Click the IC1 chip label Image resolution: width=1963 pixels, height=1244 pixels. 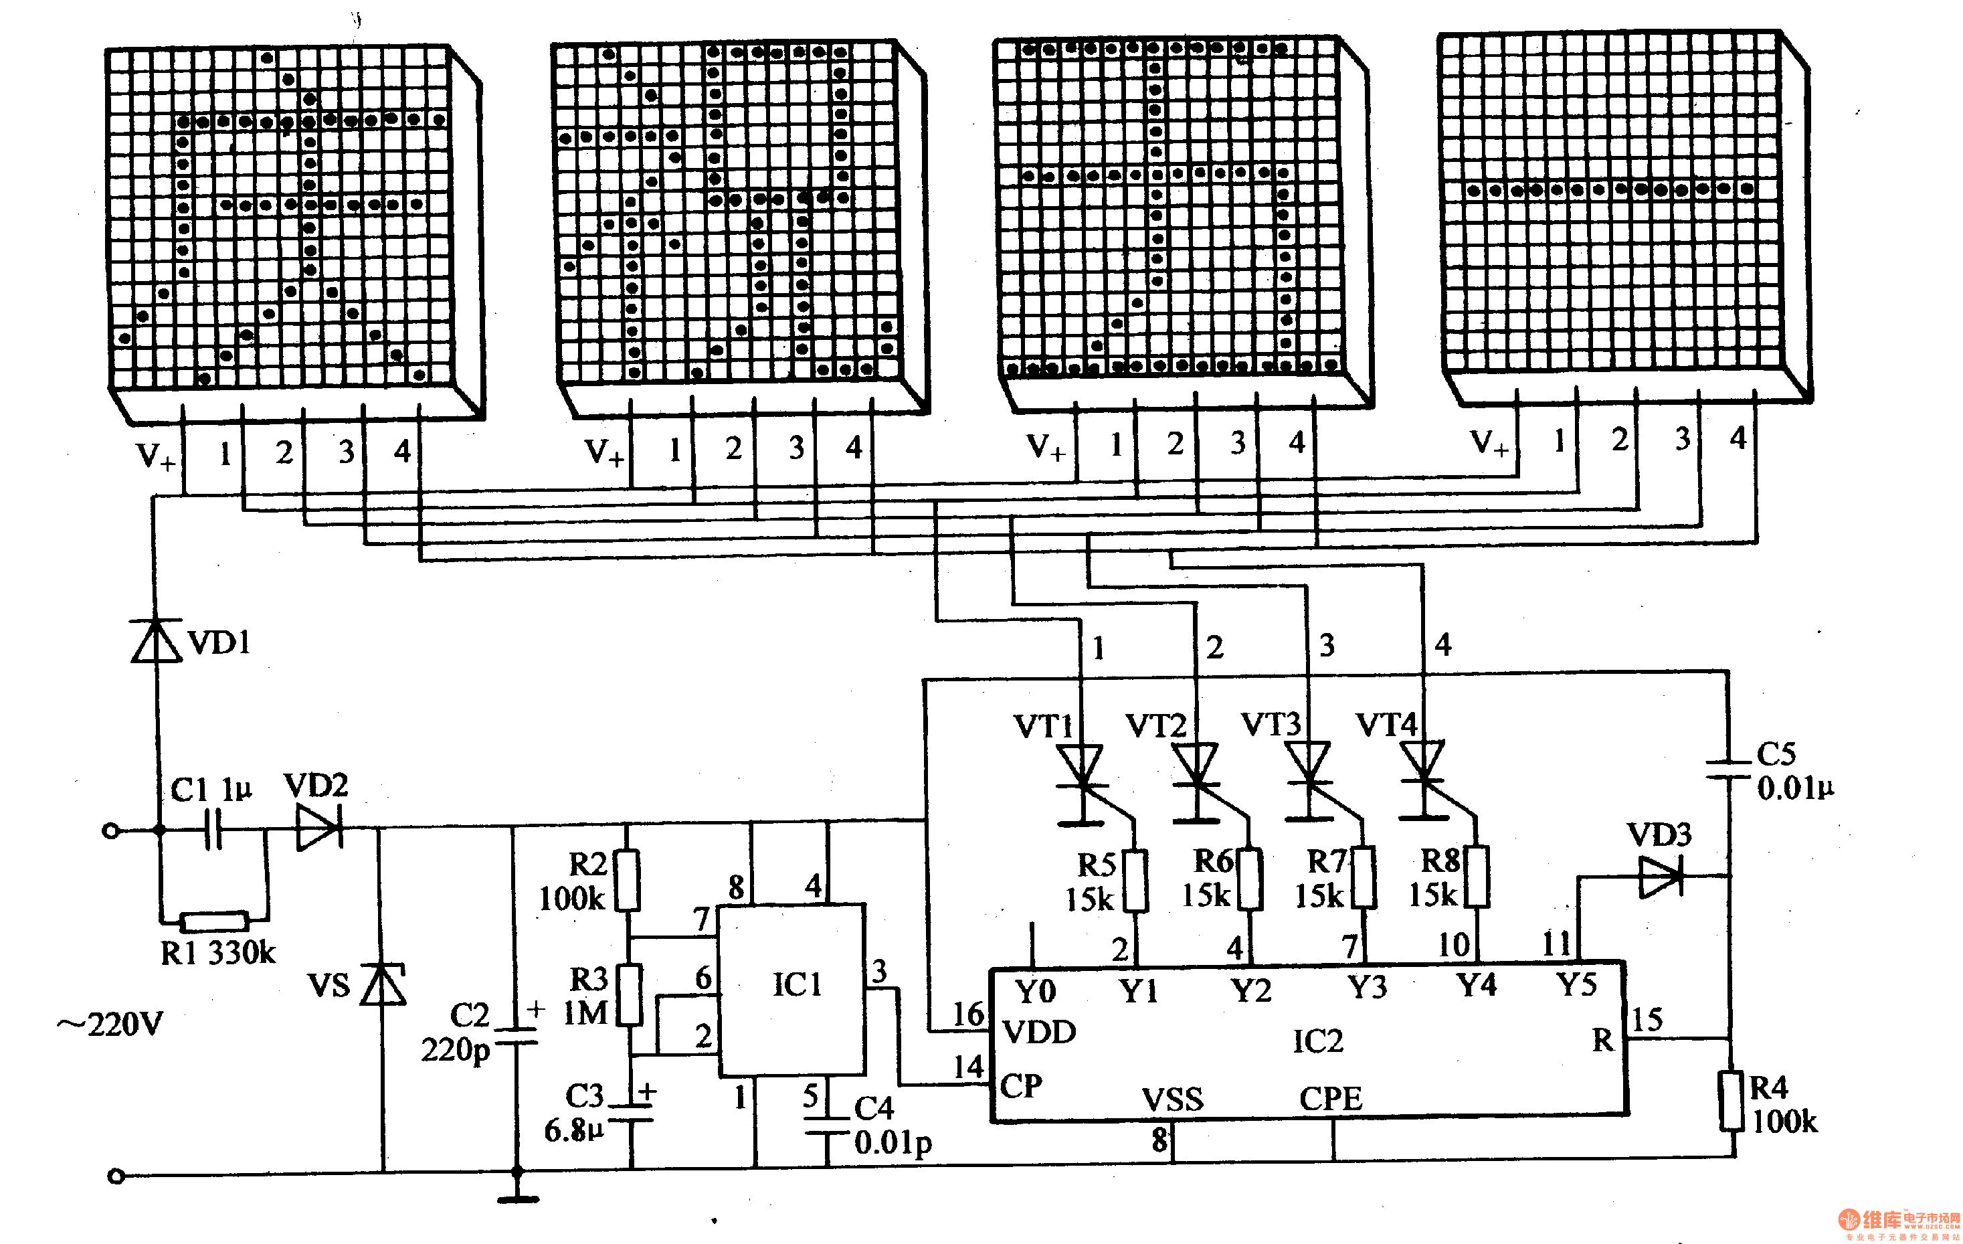796,985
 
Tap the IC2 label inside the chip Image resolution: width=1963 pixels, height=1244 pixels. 1317,1041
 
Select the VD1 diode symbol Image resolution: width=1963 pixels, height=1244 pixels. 157,641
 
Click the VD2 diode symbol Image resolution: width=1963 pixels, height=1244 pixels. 318,828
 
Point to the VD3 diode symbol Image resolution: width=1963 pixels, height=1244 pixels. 1660,877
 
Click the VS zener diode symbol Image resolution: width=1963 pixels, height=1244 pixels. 382,985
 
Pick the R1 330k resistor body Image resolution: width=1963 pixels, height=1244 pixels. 214,922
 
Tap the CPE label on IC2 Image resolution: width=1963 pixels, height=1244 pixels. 1330,1099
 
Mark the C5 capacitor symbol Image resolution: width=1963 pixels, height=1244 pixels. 1728,770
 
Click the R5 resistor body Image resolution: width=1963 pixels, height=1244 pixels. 1135,881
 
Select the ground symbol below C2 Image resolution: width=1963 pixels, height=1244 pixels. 518,1198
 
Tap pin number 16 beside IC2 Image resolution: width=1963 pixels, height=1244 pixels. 969,1014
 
